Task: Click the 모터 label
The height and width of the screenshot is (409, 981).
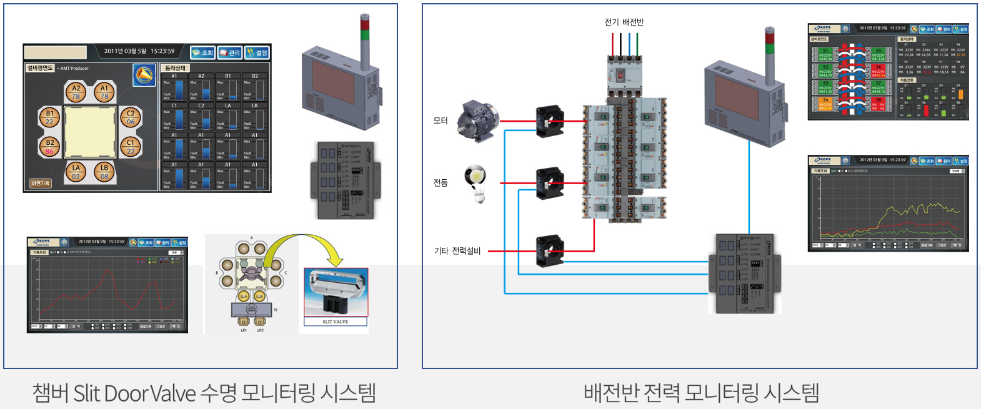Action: [x=441, y=121]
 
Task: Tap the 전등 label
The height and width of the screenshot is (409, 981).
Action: [x=441, y=183]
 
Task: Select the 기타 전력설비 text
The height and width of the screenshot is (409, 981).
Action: [x=457, y=251]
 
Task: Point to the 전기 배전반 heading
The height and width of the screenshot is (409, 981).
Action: [x=624, y=22]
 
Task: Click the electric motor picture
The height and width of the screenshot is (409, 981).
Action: [x=478, y=120]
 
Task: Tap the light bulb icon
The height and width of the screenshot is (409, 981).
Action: [x=476, y=183]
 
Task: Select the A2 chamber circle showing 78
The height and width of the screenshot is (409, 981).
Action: [x=76, y=92]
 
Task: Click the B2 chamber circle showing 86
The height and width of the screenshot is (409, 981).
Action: [x=49, y=147]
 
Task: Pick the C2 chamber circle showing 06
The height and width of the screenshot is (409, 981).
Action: [x=131, y=117]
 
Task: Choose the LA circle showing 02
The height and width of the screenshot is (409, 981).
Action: [x=76, y=172]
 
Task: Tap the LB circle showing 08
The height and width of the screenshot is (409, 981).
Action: [x=104, y=172]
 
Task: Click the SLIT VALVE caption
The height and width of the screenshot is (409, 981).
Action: [x=336, y=322]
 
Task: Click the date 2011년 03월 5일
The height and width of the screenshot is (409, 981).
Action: [x=125, y=51]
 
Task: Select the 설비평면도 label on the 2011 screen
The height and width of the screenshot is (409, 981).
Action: [x=39, y=68]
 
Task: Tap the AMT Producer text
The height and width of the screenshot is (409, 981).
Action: [x=75, y=69]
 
